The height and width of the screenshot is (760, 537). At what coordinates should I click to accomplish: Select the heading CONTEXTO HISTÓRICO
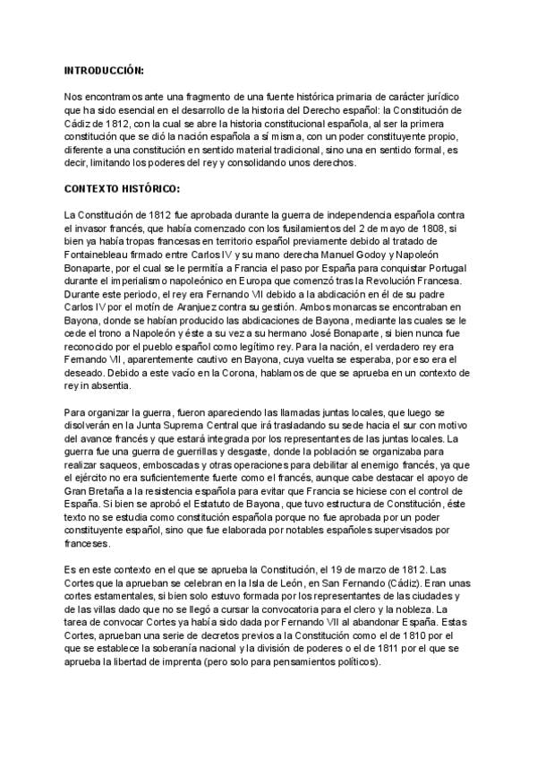click(x=122, y=189)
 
